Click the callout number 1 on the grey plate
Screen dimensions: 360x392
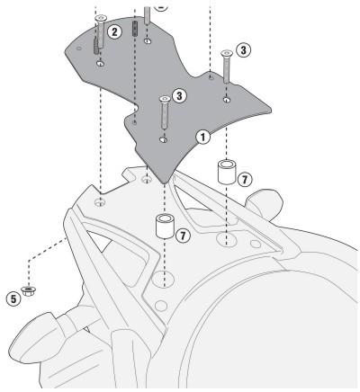(203, 138)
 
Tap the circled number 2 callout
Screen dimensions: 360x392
(114, 31)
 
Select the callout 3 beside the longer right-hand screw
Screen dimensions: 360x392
(243, 50)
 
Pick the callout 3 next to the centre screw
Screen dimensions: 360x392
(179, 96)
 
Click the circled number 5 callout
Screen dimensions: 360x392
(13, 298)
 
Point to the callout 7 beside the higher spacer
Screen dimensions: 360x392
(245, 180)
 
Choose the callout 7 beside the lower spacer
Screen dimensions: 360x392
(183, 236)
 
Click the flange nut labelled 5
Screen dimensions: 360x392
(29, 290)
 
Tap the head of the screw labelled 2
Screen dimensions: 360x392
(101, 18)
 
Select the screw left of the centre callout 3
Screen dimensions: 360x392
(165, 112)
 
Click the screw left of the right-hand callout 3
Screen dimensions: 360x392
(227, 67)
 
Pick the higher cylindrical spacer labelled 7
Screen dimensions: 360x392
(227, 172)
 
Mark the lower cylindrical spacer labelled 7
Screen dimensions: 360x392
(165, 226)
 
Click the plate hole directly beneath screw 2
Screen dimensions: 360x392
(101, 64)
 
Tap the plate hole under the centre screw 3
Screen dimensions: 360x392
(163, 139)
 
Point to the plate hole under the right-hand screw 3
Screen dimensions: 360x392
(227, 100)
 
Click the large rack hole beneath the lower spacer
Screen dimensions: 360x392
(163, 279)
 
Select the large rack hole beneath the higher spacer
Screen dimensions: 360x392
(227, 239)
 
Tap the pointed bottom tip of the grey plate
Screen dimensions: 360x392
(163, 183)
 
